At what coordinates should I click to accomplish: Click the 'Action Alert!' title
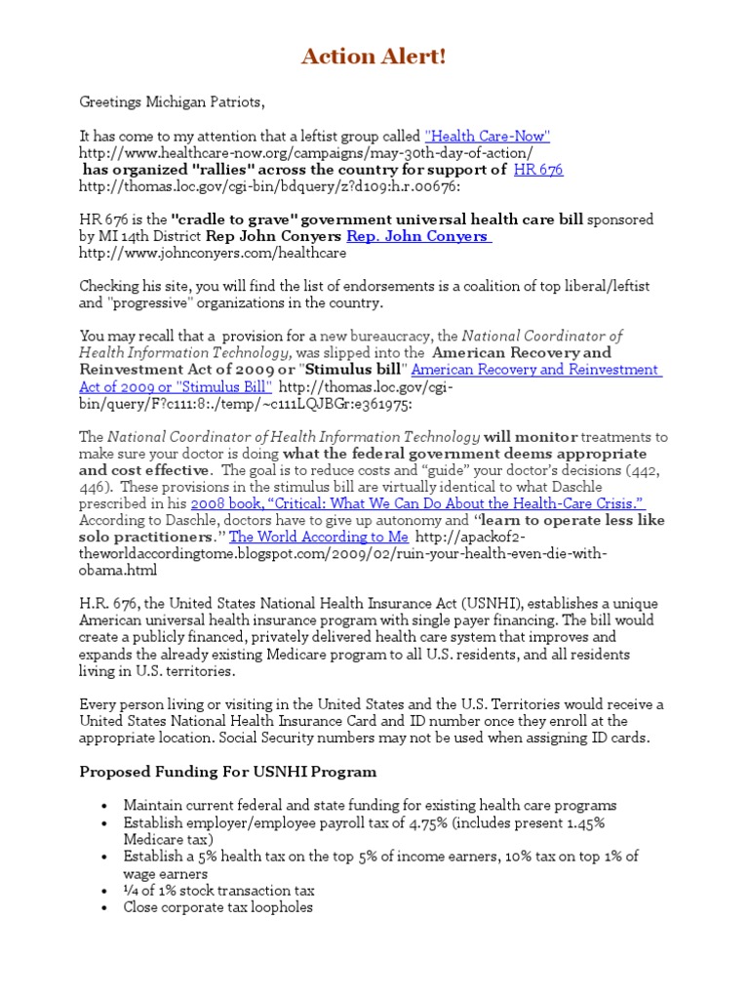tap(374, 58)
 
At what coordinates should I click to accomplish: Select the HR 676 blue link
tap(537, 169)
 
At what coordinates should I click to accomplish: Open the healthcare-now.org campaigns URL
tap(305, 152)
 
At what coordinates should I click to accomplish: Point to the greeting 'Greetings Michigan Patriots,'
tap(172, 101)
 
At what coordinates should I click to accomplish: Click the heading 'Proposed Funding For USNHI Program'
tap(227, 772)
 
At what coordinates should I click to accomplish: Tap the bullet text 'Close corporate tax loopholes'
tap(218, 907)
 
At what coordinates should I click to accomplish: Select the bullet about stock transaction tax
tap(218, 890)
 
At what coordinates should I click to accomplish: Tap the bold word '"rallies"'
tap(186, 169)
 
